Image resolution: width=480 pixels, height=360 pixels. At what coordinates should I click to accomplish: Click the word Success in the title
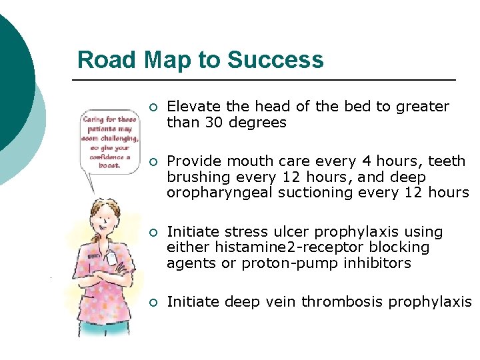coord(275,60)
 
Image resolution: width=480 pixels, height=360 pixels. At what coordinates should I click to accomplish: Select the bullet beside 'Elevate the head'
coord(153,108)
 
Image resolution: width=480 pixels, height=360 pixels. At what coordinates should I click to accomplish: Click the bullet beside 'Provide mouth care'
coord(153,163)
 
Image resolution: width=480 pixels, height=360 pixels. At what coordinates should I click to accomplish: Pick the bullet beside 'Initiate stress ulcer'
coord(153,233)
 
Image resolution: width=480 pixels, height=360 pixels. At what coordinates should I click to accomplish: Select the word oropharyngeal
coord(214,193)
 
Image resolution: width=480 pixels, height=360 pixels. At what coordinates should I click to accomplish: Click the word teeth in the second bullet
coord(447,161)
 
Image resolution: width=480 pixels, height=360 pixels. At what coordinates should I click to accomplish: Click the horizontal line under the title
coord(264,80)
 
